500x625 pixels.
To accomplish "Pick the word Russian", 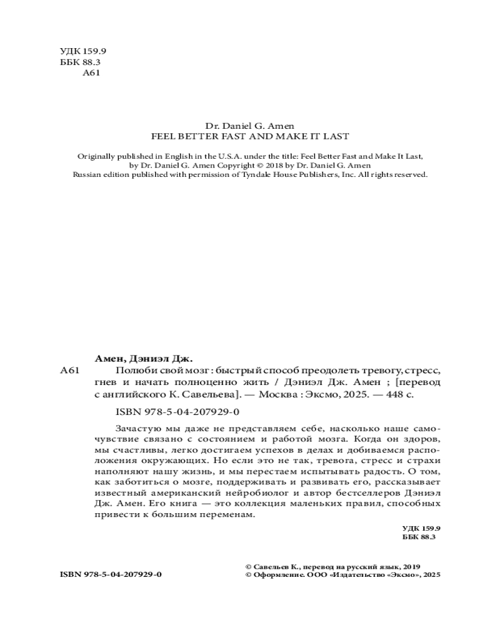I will [87, 175].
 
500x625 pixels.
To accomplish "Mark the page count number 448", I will [389, 395].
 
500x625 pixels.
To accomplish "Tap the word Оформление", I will [279, 574].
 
